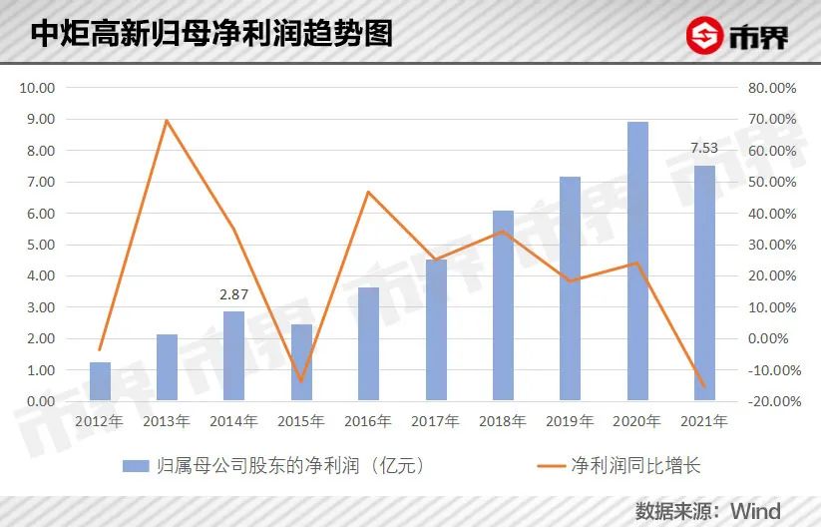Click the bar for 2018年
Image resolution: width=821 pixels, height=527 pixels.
[504, 305]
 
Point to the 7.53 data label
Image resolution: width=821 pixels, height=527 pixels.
[704, 149]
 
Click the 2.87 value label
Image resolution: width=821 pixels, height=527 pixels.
[233, 294]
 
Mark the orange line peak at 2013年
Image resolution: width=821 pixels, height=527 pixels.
[167, 120]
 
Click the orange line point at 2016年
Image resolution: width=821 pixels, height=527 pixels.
[368, 192]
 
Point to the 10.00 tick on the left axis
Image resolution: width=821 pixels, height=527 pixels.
[37, 88]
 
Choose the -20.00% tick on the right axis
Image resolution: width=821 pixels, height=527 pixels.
[771, 401]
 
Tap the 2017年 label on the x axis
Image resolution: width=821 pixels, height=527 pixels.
[435, 421]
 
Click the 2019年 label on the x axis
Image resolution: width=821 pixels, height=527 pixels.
[570, 421]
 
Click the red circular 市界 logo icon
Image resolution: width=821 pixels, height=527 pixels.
[705, 37]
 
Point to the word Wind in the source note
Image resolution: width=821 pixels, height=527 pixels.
[755, 511]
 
